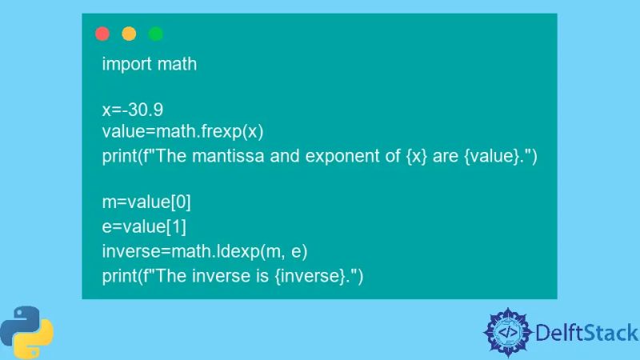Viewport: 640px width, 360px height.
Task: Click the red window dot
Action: (102, 34)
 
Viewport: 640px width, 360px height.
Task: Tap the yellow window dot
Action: (129, 34)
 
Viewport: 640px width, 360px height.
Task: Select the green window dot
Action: (155, 34)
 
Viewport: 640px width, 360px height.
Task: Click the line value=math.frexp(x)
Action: (182, 131)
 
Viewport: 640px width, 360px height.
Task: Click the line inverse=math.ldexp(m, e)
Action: (205, 252)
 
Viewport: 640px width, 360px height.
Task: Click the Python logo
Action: (26, 330)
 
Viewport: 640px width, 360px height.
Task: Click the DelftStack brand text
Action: (587, 332)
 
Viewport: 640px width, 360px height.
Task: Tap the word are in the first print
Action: (445, 155)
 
